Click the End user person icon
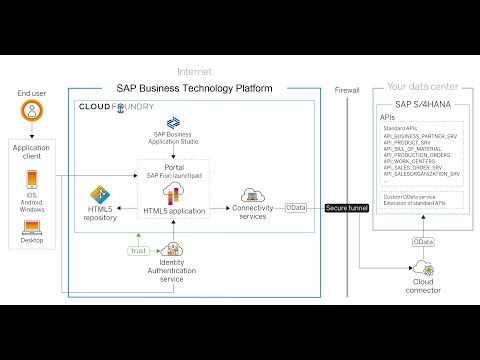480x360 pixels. click(x=32, y=115)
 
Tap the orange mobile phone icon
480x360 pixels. click(x=32, y=182)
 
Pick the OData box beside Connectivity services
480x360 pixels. click(x=296, y=208)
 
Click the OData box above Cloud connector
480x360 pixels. click(x=424, y=242)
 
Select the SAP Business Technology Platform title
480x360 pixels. click(x=194, y=88)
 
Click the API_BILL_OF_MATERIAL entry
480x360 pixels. click(x=418, y=148)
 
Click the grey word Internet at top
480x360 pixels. click(x=193, y=71)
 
